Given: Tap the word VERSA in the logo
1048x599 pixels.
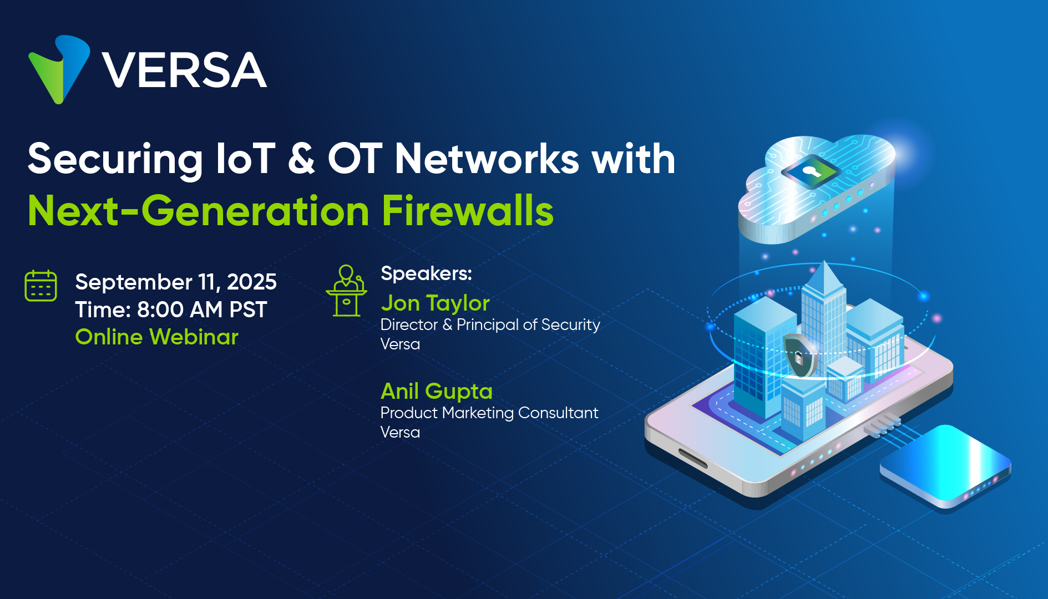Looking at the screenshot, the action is pyautogui.click(x=184, y=70).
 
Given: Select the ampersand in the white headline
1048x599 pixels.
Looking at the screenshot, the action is pyautogui.click(x=301, y=159).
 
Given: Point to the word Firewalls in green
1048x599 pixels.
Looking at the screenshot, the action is pyautogui.click(x=468, y=211).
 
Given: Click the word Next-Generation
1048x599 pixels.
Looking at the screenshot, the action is pyautogui.click(x=199, y=211).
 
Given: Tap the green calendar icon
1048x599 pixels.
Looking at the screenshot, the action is pyautogui.click(x=41, y=286).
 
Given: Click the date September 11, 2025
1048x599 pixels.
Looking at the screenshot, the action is pyautogui.click(x=176, y=282).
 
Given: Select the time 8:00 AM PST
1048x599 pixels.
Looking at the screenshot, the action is pyautogui.click(x=202, y=309).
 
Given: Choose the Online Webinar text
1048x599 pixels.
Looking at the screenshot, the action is pyautogui.click(x=157, y=337).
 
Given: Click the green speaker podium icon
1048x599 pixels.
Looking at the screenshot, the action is pyautogui.click(x=346, y=290).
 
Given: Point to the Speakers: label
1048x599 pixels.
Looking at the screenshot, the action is pyautogui.click(x=426, y=273).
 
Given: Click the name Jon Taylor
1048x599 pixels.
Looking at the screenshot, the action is pyautogui.click(x=435, y=303).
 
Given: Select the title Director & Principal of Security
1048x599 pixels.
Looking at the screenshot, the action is pyautogui.click(x=490, y=325).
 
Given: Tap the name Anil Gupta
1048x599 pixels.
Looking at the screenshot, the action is pyautogui.click(x=437, y=391).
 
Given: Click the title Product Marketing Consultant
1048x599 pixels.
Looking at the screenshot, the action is pyautogui.click(x=489, y=413).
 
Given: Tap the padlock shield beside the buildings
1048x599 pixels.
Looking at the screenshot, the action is pyautogui.click(x=799, y=356).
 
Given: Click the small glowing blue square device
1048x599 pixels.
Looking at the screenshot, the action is pyautogui.click(x=945, y=465).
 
